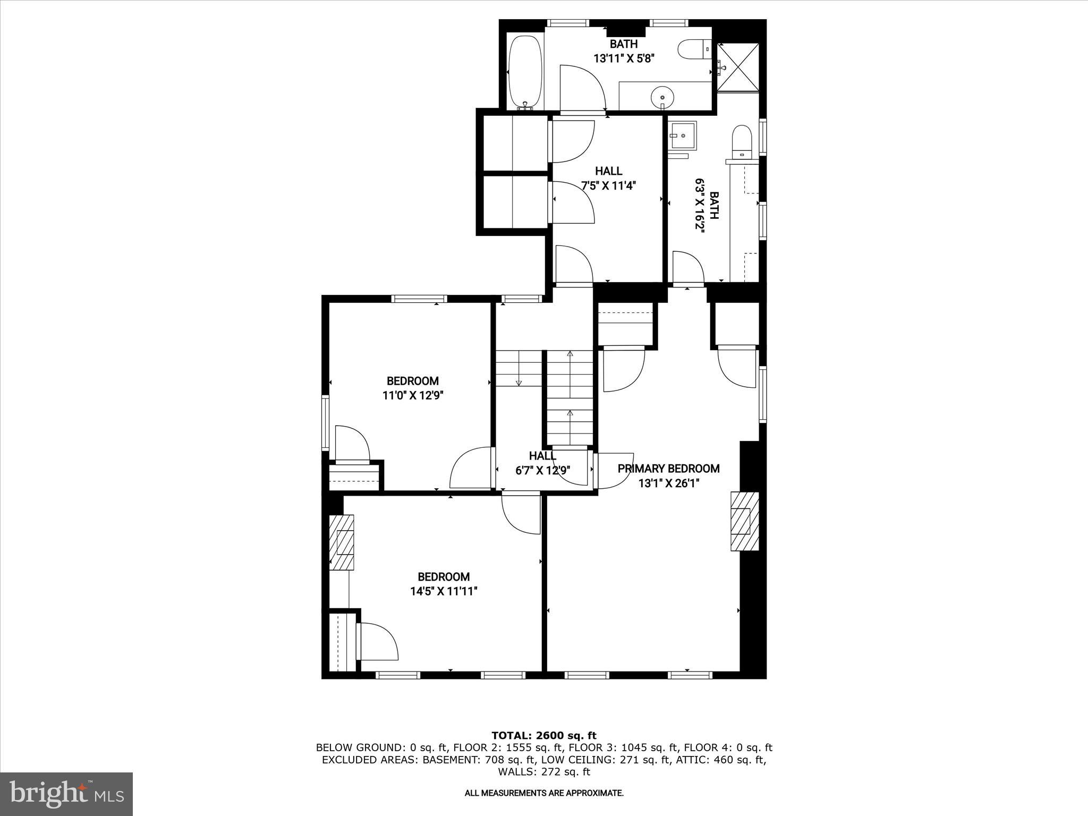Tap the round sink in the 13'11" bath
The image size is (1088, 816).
pos(662,97)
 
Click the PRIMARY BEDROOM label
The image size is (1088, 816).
pos(668,469)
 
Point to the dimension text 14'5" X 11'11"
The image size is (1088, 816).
pos(444,591)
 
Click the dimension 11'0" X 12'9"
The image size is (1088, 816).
pos(413,395)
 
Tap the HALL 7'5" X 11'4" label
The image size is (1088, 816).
pos(608,178)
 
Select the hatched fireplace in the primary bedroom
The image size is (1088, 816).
pos(744,521)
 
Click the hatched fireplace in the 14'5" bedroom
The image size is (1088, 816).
pos(342,542)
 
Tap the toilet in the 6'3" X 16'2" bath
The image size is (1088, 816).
pos(742,142)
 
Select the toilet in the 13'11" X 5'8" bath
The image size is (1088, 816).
pos(694,49)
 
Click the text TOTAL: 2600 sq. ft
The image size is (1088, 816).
pos(543,736)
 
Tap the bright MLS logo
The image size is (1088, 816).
pos(66,794)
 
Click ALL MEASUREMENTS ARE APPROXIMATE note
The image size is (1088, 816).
pos(543,793)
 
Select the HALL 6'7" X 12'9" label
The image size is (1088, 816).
pos(542,463)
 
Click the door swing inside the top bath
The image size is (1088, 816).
pos(582,88)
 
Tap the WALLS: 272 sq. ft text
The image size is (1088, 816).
pos(543,772)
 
